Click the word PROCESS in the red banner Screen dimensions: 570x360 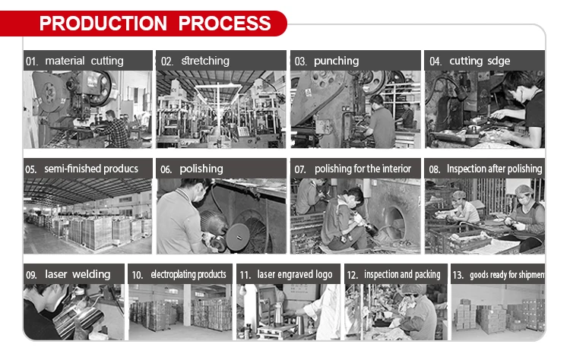pos(225,24)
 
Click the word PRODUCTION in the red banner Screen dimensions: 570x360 pos(103,24)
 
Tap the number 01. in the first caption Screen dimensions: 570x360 pos(32,62)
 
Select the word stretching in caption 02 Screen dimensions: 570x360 pos(205,61)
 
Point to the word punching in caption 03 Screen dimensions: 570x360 pos(336,61)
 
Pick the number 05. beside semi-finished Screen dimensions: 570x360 pos(31,169)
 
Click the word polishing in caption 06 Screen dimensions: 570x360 pos(201,169)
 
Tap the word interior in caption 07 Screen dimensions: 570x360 pos(397,169)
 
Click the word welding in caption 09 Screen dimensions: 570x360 pos(91,274)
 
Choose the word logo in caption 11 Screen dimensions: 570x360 pos(324,275)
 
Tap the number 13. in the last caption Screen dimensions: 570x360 pos(458,275)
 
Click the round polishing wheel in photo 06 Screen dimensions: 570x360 pos(238,237)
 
